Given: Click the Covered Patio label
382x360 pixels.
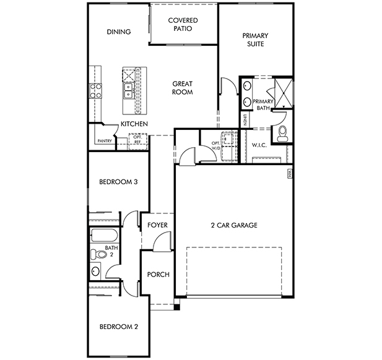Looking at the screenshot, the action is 183,24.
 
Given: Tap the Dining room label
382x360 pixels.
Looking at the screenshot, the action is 119,32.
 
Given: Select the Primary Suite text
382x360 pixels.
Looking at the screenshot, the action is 255,40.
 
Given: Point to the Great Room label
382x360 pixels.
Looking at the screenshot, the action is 183,88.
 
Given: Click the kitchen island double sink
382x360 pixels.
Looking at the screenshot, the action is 128,90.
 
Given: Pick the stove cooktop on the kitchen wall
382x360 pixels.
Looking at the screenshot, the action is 95,91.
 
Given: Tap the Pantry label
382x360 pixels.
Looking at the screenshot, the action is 105,140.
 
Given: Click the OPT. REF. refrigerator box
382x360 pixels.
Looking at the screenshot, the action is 138,141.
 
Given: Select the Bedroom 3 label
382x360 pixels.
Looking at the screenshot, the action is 118,182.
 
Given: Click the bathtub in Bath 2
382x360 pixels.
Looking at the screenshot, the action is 104,236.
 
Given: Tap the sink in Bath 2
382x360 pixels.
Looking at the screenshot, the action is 95,271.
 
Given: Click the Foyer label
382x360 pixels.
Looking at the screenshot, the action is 157,225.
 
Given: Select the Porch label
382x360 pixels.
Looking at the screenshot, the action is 158,274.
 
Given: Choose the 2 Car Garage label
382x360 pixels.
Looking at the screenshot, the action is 234,225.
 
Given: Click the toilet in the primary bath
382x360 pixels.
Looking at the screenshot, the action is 283,134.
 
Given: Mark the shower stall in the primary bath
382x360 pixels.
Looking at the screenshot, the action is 284,93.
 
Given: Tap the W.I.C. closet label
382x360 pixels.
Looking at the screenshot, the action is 259,145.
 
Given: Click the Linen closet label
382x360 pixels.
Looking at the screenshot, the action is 245,120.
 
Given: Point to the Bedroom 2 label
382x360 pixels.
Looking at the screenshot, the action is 119,327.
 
